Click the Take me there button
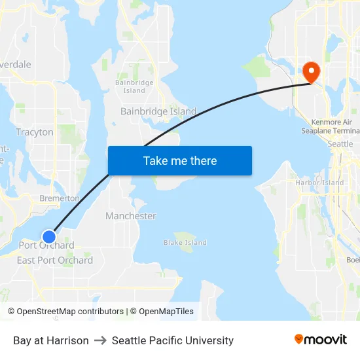click(180, 161)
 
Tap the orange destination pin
click(310, 72)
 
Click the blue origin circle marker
click(49, 236)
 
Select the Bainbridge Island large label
click(158, 111)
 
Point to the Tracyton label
click(34, 132)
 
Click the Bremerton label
click(59, 198)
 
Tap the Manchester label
click(131, 216)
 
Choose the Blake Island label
click(185, 243)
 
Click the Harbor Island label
click(319, 183)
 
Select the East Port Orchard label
click(55, 261)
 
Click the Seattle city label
click(340, 144)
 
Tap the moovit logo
click(321, 340)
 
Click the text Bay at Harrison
click(51, 340)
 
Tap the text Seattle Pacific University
click(173, 340)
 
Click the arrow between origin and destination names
click(100, 340)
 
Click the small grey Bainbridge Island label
click(134, 86)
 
